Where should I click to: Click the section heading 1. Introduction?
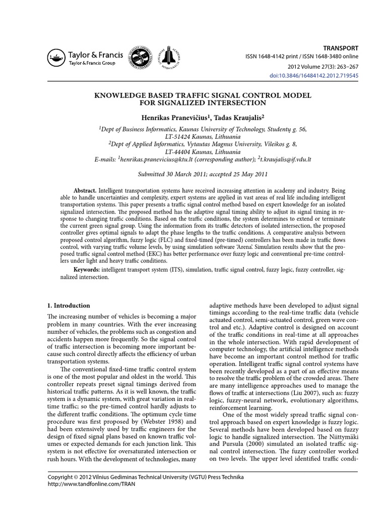(69, 305)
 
